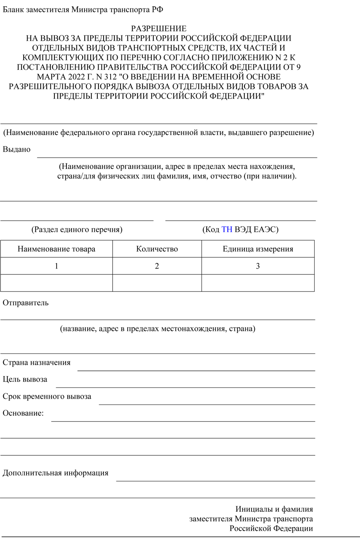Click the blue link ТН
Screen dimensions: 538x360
[227, 229]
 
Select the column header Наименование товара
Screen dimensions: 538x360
[57, 249]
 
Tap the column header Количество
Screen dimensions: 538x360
[157, 249]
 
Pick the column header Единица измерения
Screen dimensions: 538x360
[258, 249]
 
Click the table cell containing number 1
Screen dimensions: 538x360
[57, 266]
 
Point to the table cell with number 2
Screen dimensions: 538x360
[157, 266]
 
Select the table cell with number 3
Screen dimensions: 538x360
[258, 266]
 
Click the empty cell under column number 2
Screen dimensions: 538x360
[157, 283]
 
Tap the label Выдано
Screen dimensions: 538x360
[17, 149]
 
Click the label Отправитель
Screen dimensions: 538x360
[26, 303]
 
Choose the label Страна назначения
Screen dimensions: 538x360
[37, 362]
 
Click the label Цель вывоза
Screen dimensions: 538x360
[25, 379]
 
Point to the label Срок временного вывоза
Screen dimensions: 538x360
[47, 396]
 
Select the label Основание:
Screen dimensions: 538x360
[23, 413]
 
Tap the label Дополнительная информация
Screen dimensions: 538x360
[56, 473]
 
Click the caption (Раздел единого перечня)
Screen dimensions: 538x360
[77, 229]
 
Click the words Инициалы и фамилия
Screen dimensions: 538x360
[274, 509]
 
